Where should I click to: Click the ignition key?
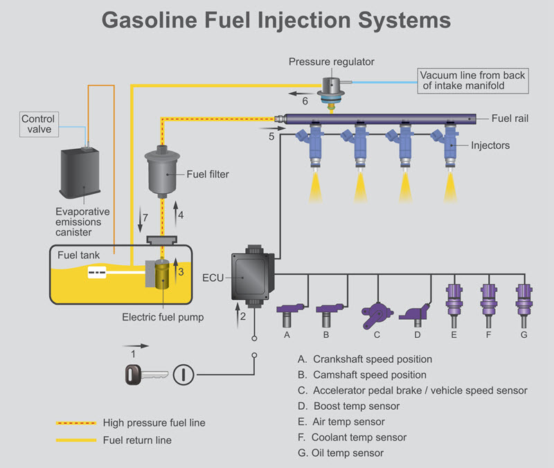tap(144, 375)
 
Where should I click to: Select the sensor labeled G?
tap(524, 300)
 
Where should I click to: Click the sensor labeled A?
tap(287, 312)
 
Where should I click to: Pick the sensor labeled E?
tap(454, 300)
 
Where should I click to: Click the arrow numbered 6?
tap(300, 92)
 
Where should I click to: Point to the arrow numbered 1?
tap(136, 344)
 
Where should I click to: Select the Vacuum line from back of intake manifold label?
tap(472, 80)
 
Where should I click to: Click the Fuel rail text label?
tap(510, 118)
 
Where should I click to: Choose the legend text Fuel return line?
tap(137, 440)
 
